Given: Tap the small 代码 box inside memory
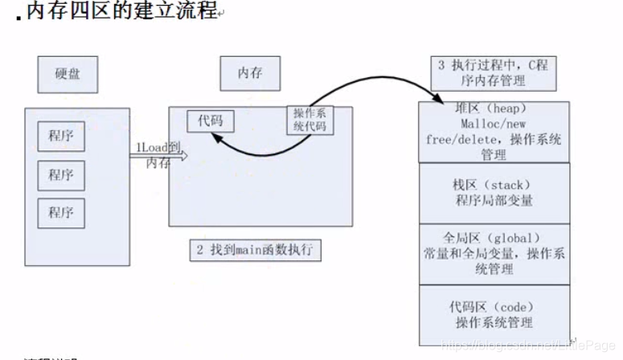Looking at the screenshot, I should [210, 121].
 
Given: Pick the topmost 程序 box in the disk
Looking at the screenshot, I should [61, 135].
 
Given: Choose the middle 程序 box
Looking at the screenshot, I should [61, 174].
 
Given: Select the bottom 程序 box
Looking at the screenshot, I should [61, 212].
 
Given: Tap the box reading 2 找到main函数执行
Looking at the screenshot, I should [255, 250].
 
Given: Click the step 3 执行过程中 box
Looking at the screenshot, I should [493, 72].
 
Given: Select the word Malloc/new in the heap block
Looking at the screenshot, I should [493, 125].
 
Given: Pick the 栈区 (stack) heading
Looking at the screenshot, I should [493, 185].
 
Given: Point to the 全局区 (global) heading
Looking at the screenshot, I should [493, 239].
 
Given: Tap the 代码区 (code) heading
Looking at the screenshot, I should [493, 307].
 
